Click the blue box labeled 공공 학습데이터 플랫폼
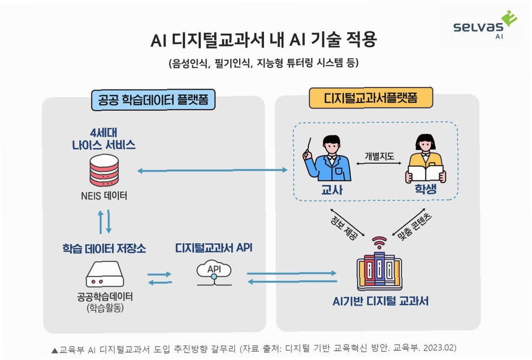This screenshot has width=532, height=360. coord(153,100)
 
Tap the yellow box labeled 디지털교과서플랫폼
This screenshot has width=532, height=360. coord(371,98)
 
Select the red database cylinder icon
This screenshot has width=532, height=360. coord(104,170)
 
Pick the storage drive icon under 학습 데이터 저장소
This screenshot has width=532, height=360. coord(104,276)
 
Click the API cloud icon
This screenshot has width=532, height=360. coord(214,272)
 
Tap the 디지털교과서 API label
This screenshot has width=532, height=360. coord(214,248)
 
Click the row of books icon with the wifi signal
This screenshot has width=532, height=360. coord(379,267)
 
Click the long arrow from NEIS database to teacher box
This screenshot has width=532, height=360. coord(212,171)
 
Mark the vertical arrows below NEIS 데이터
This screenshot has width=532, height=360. coord(104,222)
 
